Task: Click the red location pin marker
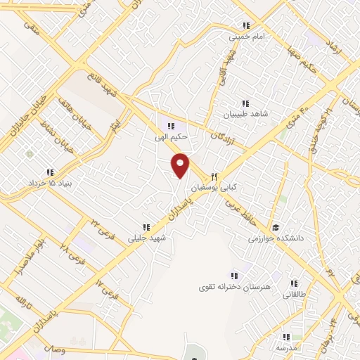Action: [x=181, y=165]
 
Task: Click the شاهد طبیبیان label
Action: [x=246, y=114]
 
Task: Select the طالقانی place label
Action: [x=294, y=296]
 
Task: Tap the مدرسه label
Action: [x=286, y=348]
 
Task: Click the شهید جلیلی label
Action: [x=146, y=238]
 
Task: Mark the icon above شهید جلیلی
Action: [x=146, y=226]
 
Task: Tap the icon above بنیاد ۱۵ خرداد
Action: [x=50, y=172]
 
